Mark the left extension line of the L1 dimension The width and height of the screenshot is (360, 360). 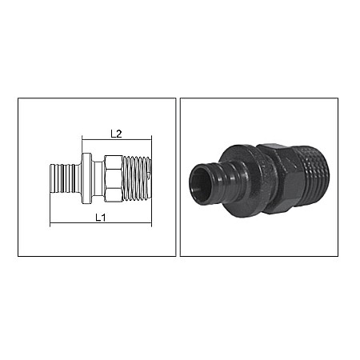pyautogui.click(x=50, y=212)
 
